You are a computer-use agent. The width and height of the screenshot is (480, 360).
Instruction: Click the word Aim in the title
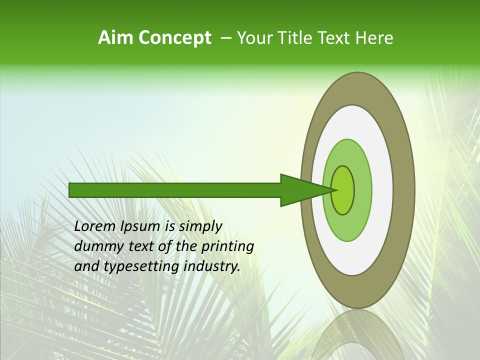click(115, 38)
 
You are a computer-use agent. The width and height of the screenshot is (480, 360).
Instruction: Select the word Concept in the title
click(174, 38)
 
